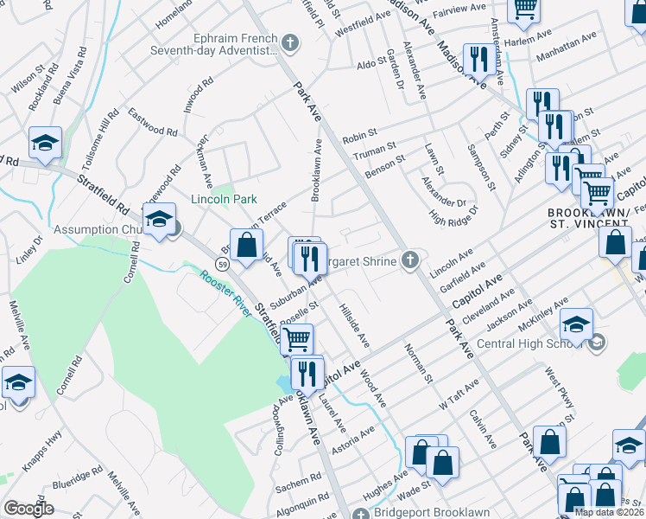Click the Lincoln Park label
224,199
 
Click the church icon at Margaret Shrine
412,260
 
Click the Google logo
28,509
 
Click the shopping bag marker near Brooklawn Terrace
247,245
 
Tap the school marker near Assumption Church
160,221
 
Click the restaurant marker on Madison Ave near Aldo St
476,60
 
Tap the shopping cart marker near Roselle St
296,338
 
